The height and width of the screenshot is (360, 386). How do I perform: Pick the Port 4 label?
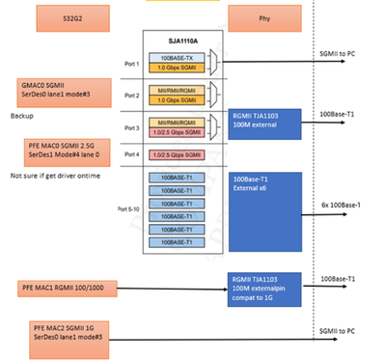pyautogui.click(x=131, y=153)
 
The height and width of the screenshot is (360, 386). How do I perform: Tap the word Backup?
pyautogui.click(x=24, y=114)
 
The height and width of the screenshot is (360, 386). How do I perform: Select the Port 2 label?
pyautogui.click(x=131, y=96)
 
